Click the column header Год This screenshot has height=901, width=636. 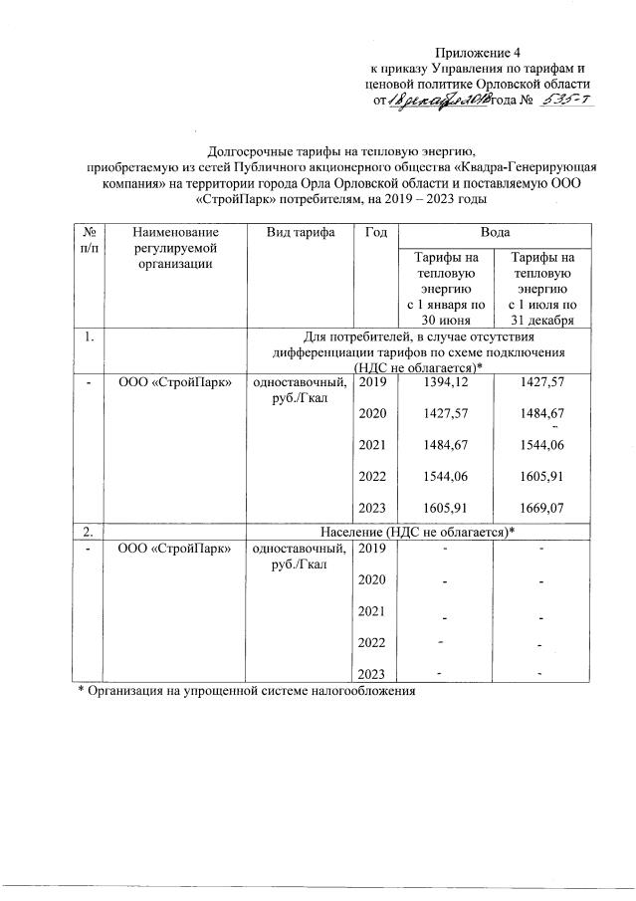(x=376, y=231)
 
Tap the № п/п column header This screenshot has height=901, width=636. (x=86, y=239)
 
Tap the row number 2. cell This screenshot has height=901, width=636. (x=89, y=530)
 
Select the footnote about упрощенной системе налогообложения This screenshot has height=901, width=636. (x=245, y=689)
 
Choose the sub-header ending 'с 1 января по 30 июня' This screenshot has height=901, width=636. (x=445, y=288)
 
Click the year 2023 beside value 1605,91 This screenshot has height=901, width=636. (x=371, y=508)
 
